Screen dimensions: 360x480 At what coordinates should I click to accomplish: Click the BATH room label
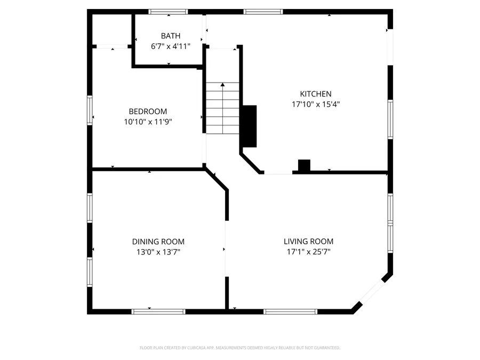(x=171, y=36)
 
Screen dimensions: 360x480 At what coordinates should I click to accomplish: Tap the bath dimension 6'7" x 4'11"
(x=171, y=46)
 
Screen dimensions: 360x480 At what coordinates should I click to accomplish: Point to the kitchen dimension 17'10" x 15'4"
(x=316, y=105)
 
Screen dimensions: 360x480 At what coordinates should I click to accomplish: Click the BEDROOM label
(x=148, y=111)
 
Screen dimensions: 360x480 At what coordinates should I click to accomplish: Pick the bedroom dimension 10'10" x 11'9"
(x=148, y=122)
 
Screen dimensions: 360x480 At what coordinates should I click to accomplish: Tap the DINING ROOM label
(x=158, y=242)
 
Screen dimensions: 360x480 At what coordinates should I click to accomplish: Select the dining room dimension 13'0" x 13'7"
(x=158, y=252)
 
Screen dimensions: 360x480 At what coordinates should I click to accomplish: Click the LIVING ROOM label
(x=308, y=242)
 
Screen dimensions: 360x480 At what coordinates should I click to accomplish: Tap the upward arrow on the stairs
(x=222, y=85)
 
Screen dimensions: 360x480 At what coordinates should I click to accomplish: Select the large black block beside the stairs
(x=250, y=126)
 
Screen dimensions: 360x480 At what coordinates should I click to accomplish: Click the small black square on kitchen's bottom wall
(x=304, y=166)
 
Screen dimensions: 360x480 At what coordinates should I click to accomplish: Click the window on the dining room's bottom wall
(x=158, y=311)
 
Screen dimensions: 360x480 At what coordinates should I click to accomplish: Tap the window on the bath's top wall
(x=168, y=11)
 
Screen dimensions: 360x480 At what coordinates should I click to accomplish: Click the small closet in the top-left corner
(x=112, y=29)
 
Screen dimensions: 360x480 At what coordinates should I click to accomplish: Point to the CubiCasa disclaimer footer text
(x=240, y=348)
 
